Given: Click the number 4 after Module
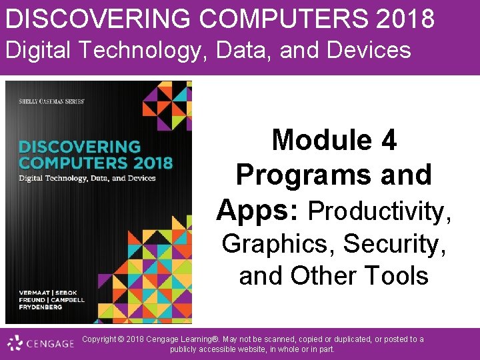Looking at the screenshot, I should [388, 141].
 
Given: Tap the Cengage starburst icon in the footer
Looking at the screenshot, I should [15, 344].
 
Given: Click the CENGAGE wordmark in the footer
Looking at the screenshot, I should [51, 344].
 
